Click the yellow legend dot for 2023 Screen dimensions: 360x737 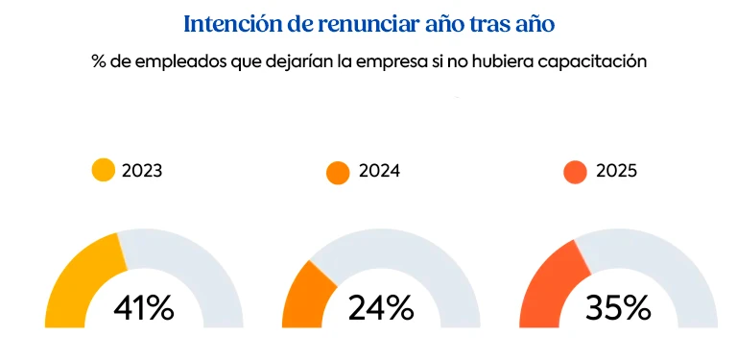(103, 171)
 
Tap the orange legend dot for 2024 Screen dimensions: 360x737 (339, 173)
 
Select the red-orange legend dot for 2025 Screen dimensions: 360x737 (575, 173)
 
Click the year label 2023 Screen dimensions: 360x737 (142, 172)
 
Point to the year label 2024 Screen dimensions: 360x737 (379, 172)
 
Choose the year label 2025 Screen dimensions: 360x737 (616, 172)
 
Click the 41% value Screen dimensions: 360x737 (144, 308)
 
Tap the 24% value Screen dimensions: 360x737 (381, 308)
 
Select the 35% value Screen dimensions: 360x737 (618, 308)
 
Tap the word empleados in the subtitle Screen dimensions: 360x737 (176, 61)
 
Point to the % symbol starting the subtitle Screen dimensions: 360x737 (98, 61)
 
